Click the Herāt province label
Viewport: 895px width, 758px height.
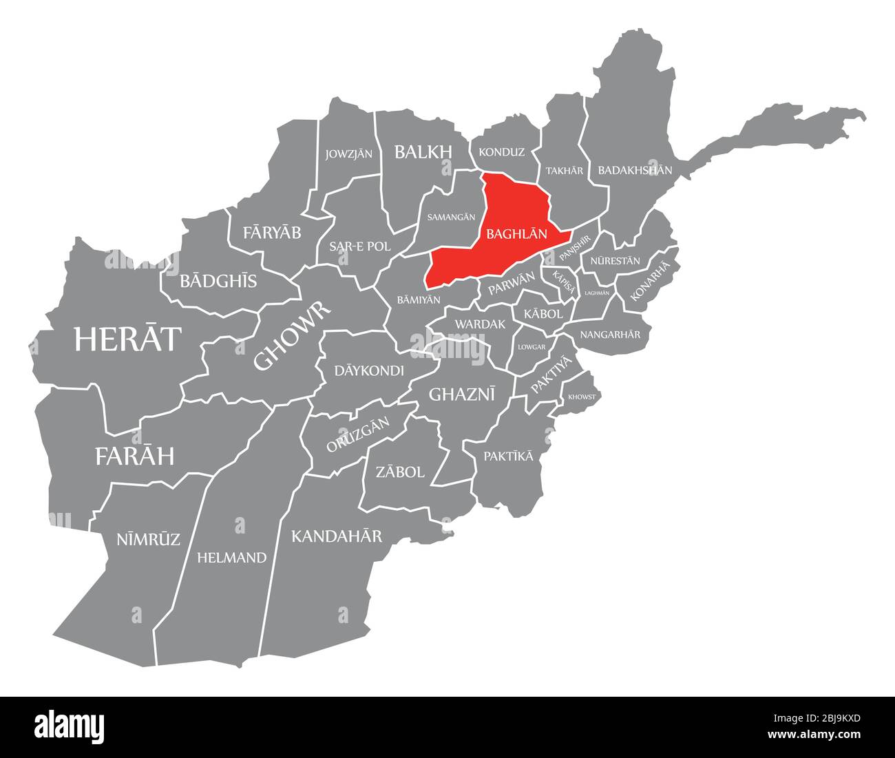click(x=128, y=339)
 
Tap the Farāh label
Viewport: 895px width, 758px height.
click(x=134, y=456)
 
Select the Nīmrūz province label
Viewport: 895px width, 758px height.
click(x=148, y=539)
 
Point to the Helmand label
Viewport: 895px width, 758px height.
click(x=231, y=558)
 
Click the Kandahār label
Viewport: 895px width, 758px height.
click(x=336, y=536)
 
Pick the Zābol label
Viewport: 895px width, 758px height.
click(x=400, y=472)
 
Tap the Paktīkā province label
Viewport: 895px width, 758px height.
click(x=508, y=456)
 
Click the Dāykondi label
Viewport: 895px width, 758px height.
click(x=369, y=370)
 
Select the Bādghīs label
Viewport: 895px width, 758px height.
click(x=218, y=281)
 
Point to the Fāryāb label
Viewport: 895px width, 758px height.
click(x=272, y=233)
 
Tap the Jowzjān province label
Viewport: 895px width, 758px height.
click(x=349, y=154)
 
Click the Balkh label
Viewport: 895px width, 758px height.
click(x=423, y=151)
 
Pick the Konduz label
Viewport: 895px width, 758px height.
click(x=501, y=152)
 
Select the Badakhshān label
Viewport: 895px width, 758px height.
click(x=635, y=169)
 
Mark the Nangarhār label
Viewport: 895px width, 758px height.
click(x=610, y=335)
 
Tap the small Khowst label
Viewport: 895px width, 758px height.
click(x=582, y=397)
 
